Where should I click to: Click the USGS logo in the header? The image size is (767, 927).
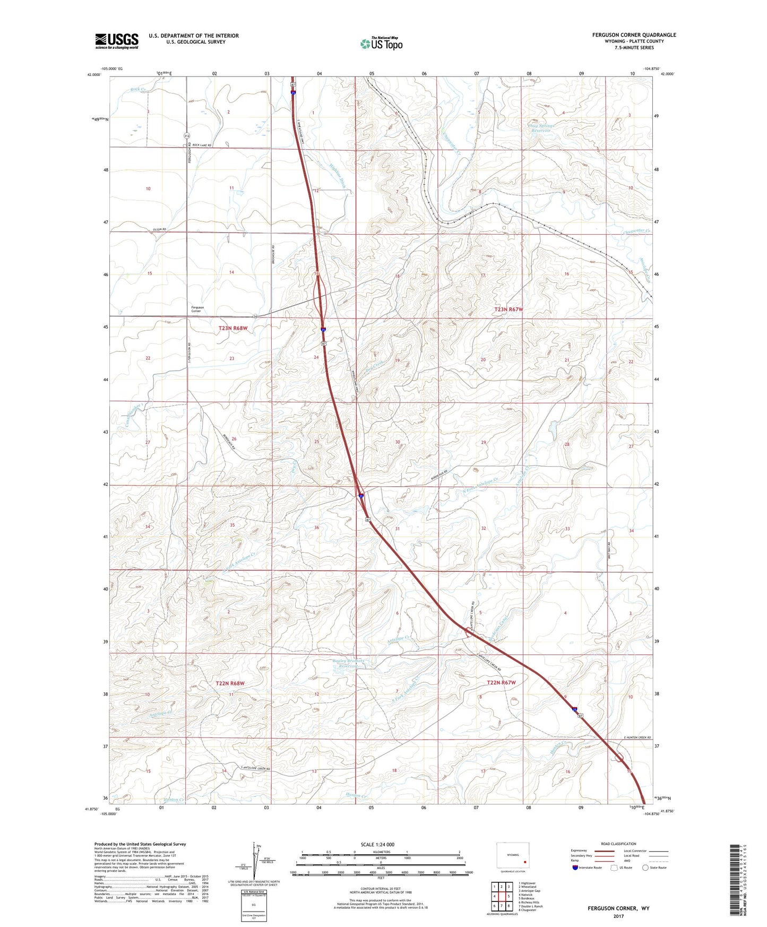tap(117, 40)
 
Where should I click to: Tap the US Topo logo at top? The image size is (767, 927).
tap(381, 43)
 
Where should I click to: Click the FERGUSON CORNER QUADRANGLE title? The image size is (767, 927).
tap(634, 35)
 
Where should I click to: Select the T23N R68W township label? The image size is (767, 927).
tap(233, 329)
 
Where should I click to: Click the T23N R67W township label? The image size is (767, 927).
tap(509, 309)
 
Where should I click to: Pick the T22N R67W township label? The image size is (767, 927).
tap(501, 682)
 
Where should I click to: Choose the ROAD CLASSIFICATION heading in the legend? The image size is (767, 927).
tap(618, 844)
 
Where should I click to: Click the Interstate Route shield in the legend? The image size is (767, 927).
tap(575, 868)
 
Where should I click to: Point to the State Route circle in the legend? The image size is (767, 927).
tap(645, 868)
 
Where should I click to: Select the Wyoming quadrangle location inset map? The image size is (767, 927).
tap(513, 856)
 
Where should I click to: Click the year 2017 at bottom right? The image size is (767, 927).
tap(618, 916)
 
